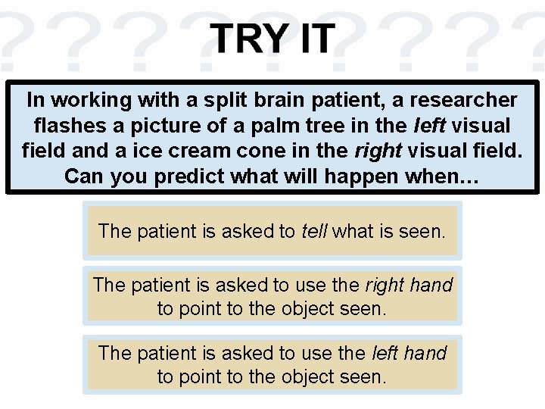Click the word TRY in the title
click(x=243, y=38)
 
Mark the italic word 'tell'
click(x=314, y=230)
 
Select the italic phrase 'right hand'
click(x=409, y=285)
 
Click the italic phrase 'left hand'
click(x=410, y=353)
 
